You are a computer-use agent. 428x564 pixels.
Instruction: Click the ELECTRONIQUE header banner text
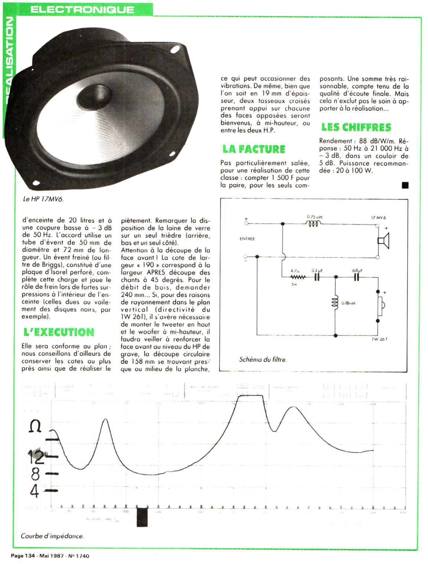82,9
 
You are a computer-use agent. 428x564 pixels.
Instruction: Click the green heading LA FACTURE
254,149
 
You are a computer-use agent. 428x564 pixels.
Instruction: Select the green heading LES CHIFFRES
356,127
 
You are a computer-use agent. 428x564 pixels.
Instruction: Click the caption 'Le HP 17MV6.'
43,199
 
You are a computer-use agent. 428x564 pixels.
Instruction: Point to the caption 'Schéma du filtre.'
263,359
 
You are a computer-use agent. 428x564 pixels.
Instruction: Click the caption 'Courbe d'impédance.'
52,536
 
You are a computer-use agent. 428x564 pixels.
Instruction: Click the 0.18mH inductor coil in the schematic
335,302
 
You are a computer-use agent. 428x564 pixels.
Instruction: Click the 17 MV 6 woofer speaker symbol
383,240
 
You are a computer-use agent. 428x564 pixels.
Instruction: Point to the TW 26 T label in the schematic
379,339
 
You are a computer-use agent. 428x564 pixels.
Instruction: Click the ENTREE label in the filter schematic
247,239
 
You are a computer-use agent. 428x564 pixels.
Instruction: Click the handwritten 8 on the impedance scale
35,474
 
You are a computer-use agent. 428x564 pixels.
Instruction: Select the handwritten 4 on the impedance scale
35,491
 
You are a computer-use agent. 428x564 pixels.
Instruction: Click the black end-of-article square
405,185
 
